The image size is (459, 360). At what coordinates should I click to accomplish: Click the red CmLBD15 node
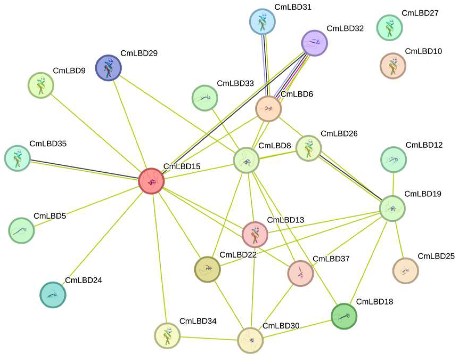click(x=151, y=181)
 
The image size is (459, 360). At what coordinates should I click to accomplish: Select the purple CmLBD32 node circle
click(x=314, y=43)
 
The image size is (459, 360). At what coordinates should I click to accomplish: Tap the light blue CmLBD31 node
click(x=262, y=21)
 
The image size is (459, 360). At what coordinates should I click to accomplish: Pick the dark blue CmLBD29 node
click(x=108, y=68)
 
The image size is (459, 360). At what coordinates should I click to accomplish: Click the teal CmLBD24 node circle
click(x=53, y=295)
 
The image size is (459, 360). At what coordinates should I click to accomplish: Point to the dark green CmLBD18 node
click(x=344, y=316)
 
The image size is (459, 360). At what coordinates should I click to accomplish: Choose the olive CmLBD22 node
click(x=208, y=269)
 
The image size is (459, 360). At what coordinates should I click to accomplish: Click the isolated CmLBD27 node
click(x=390, y=28)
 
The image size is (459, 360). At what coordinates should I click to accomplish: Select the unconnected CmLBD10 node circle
click(x=393, y=66)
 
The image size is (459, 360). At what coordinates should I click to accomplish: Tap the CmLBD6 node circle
click(x=268, y=109)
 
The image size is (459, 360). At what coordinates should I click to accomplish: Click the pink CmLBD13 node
click(x=255, y=234)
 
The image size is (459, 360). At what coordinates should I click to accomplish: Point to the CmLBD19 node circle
click(x=392, y=208)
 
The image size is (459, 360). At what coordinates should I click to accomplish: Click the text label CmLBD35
click(x=48, y=144)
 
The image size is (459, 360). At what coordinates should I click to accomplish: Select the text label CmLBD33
click(x=235, y=83)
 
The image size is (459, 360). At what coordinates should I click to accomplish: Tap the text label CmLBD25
click(x=436, y=256)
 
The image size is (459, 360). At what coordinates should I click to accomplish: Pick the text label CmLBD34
click(x=198, y=321)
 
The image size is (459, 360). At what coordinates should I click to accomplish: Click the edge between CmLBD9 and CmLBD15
click(x=96, y=133)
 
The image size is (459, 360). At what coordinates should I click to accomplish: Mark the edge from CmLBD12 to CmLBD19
click(x=393, y=184)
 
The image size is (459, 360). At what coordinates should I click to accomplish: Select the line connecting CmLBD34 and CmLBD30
click(x=209, y=338)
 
